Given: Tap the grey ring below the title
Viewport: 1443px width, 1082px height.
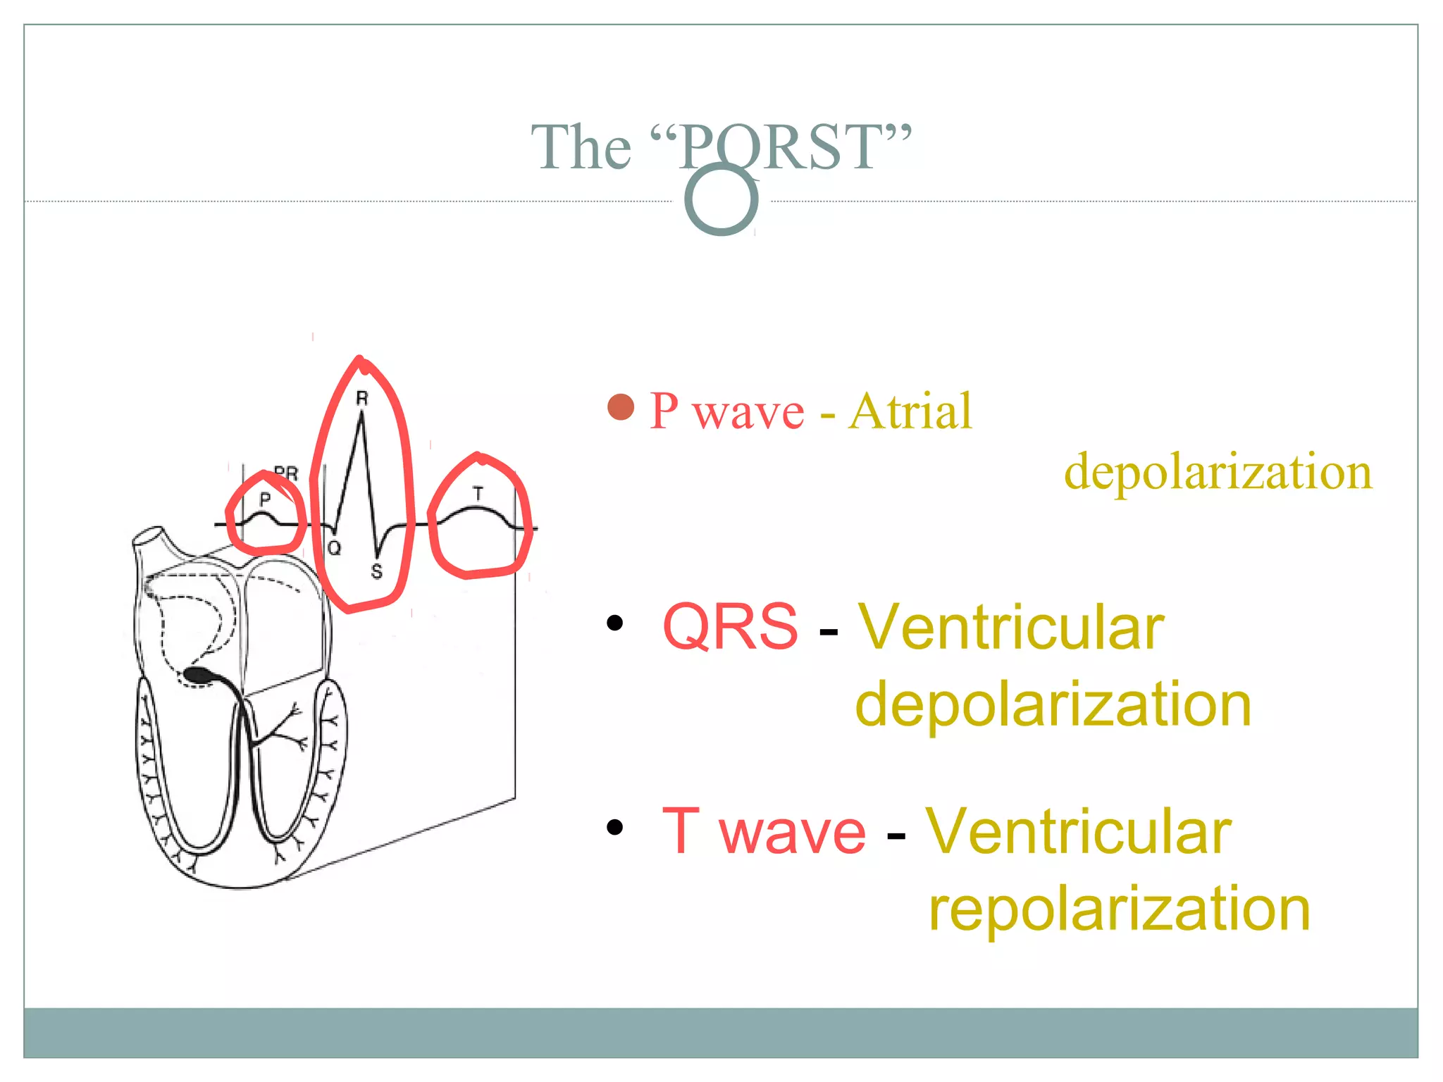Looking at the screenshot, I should tap(721, 199).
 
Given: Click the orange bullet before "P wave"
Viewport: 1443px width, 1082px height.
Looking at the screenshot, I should tap(621, 406).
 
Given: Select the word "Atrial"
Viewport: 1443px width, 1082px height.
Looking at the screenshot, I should tap(910, 411).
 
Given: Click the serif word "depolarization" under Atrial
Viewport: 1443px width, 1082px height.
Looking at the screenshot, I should tap(1218, 471).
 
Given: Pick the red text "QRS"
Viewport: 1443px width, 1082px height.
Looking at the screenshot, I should tap(730, 626).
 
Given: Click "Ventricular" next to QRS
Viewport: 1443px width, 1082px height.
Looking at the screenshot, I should tap(1010, 627).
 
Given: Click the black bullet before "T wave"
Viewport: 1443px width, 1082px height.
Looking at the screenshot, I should tap(615, 827).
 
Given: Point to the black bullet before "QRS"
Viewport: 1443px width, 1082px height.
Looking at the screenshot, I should tap(615, 623).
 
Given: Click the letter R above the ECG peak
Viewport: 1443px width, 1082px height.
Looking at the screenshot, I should tap(362, 399).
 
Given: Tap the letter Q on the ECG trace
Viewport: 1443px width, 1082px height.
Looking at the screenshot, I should tap(334, 548).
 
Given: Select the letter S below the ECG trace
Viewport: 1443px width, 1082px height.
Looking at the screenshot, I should tap(377, 571).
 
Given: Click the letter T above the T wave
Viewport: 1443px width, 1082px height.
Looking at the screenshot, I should tap(478, 494).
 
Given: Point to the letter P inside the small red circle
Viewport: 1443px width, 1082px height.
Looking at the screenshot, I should tap(265, 499).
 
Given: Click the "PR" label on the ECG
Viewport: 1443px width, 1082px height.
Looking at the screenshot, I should tap(287, 473).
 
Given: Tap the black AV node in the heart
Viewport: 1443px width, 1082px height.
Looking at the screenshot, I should tap(200, 674).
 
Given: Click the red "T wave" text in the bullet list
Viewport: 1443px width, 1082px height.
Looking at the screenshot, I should tap(764, 831).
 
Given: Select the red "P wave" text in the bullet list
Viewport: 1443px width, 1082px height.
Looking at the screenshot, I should tap(726, 411).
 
